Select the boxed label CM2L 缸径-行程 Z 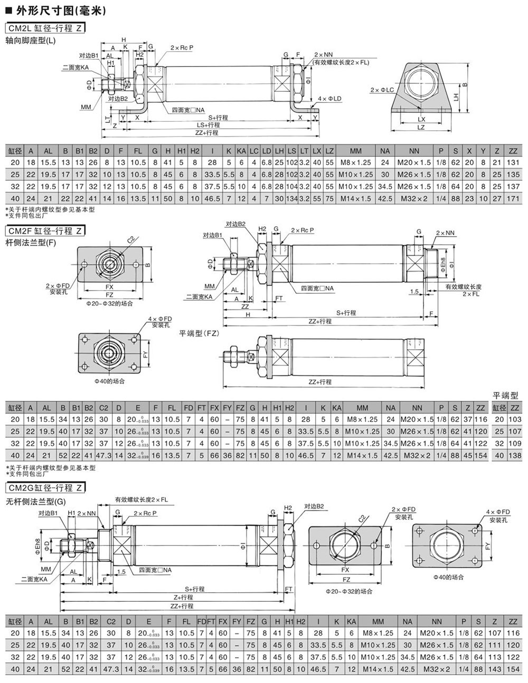[x=45, y=28]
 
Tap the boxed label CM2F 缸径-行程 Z [x=45, y=230]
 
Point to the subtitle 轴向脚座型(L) [x=31, y=40]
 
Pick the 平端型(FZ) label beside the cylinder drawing [x=199, y=333]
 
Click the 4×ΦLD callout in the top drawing [x=330, y=99]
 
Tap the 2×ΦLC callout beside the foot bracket [x=382, y=90]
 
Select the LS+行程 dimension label [x=208, y=125]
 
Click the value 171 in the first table [x=513, y=199]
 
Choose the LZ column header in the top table [x=329, y=151]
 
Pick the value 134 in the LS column [x=291, y=199]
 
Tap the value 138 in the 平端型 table [x=515, y=455]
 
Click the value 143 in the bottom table [x=495, y=669]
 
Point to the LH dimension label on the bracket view [x=455, y=95]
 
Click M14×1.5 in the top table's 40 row [x=356, y=199]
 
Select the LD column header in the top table [x=266, y=151]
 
